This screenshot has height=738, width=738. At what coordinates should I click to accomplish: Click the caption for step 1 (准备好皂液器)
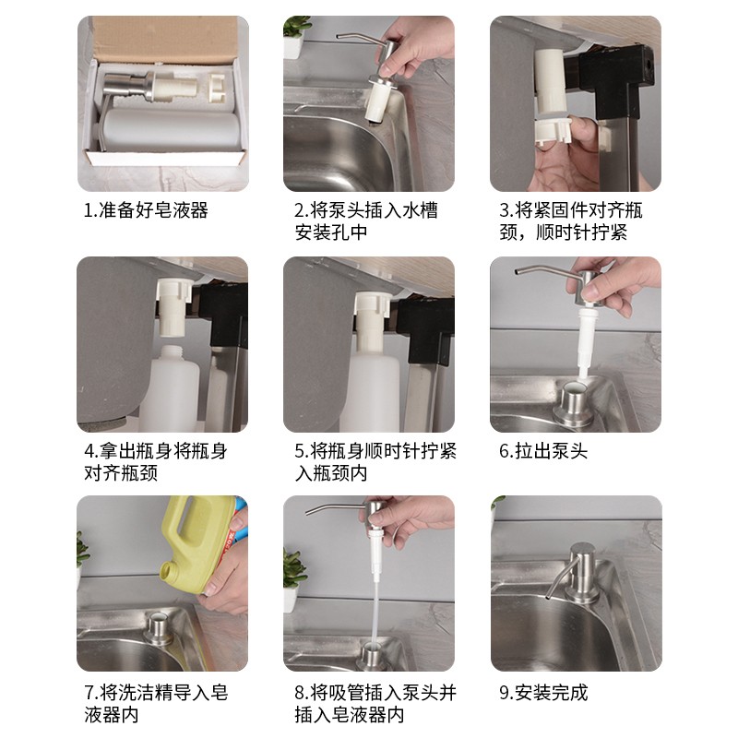[146, 210]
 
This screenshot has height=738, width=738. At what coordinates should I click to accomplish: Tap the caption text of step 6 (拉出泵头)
[543, 451]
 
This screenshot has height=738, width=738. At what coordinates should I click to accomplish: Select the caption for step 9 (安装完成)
[543, 693]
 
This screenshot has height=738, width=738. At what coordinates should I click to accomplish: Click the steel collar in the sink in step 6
[572, 402]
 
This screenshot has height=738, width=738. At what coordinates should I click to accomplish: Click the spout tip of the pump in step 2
[339, 37]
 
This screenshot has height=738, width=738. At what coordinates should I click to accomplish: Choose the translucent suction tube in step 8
[375, 612]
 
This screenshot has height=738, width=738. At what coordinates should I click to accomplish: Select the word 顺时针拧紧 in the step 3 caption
[582, 232]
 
